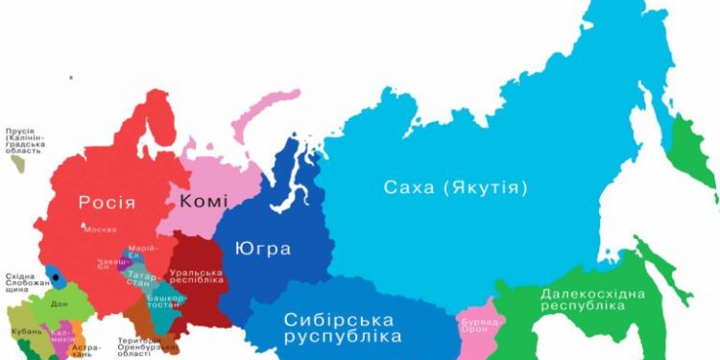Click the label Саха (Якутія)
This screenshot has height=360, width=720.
[456, 188]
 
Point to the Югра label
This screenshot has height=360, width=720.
[262, 250]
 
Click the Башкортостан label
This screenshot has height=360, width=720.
[165, 303]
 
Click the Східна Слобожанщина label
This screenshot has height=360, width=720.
[20, 283]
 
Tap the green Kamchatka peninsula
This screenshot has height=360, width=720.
[689, 154]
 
